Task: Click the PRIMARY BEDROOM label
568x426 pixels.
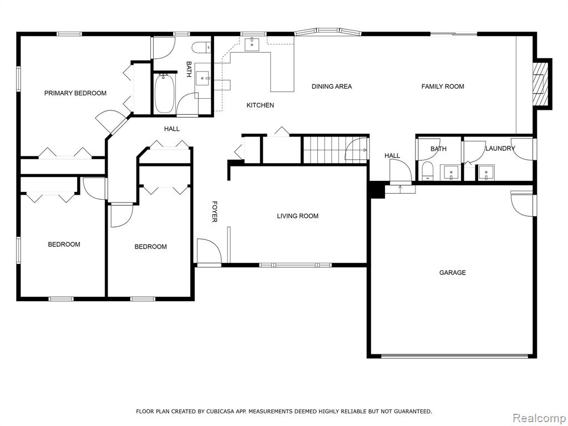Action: [75, 93]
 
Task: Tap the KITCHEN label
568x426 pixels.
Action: [260, 105]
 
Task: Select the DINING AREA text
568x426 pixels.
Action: [332, 87]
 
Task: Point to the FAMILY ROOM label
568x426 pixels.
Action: [443, 87]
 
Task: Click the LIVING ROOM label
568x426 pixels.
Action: [298, 216]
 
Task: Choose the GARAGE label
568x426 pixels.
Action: [453, 273]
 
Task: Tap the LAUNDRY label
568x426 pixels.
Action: [500, 149]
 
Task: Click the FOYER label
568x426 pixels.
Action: [215, 211]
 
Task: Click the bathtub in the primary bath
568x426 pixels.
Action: [165, 93]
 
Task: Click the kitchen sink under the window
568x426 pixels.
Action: [252, 45]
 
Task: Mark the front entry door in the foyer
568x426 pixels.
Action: [209, 252]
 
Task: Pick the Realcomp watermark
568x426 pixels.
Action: [539, 418]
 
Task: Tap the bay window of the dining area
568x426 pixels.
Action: [327, 32]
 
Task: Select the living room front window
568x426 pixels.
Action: [295, 265]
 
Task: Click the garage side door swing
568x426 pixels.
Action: [522, 204]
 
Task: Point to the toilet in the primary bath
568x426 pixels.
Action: [201, 48]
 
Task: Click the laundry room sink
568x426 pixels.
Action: [486, 173]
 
